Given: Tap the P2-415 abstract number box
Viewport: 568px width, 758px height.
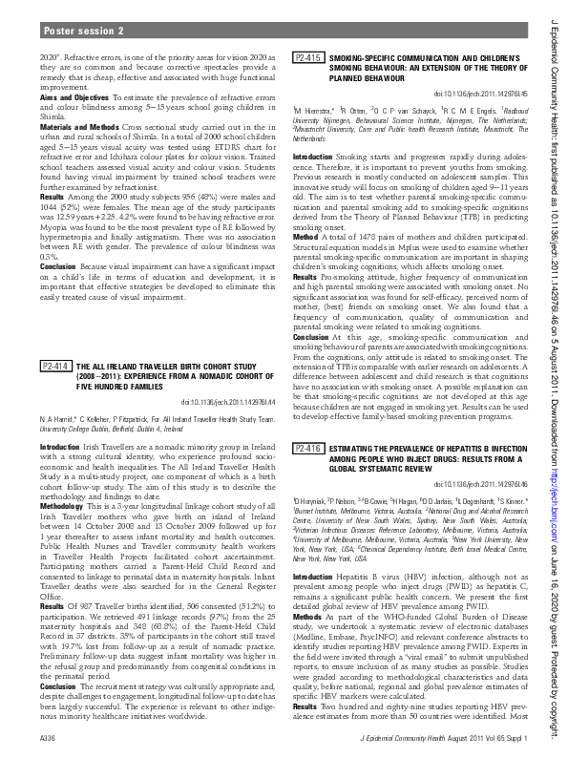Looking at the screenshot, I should (307, 58).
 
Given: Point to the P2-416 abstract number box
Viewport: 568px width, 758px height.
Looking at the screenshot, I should (307, 448).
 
